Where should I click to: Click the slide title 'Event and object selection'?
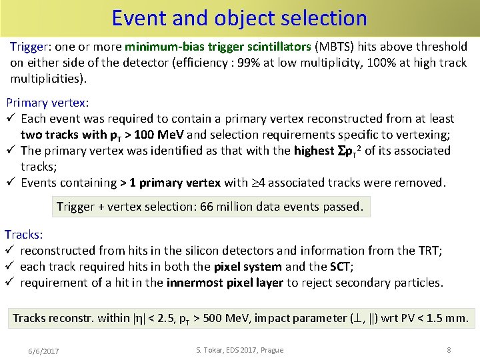tap(239, 17)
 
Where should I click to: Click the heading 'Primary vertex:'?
tap(47, 103)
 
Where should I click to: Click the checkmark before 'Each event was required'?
tap(11, 119)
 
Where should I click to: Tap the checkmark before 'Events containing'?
tap(11, 183)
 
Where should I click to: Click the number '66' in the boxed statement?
tap(207, 207)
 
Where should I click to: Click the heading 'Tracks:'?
tap(24, 235)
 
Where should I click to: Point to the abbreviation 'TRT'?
tap(429, 251)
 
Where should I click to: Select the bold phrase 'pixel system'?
tap(247, 267)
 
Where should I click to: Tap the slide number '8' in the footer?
tap(449, 349)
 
